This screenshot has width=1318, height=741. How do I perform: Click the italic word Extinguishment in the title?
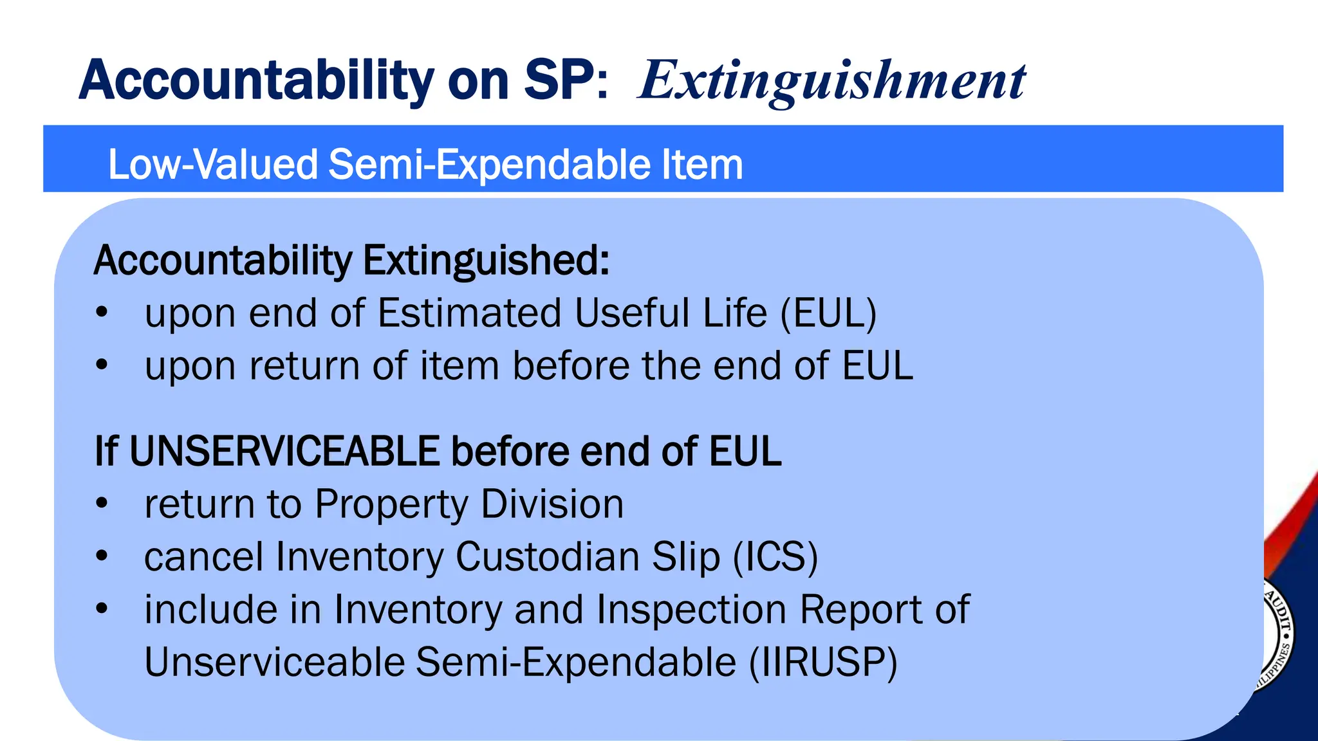tap(831, 81)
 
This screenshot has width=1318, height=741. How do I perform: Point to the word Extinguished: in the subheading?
tap(486, 261)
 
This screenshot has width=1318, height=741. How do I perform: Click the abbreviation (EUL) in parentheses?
tap(828, 314)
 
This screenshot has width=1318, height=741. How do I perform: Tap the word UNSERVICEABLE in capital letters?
tap(284, 451)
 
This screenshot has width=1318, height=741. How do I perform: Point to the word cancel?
tap(203, 556)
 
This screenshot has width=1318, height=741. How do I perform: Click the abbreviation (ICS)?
tap(775, 556)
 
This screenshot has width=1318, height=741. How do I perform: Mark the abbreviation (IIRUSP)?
tap(823, 662)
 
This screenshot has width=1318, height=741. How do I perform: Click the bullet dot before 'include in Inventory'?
tap(101, 608)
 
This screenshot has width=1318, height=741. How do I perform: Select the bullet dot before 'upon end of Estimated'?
tap(101, 313)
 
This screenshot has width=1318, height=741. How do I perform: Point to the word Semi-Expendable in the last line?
tap(576, 662)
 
